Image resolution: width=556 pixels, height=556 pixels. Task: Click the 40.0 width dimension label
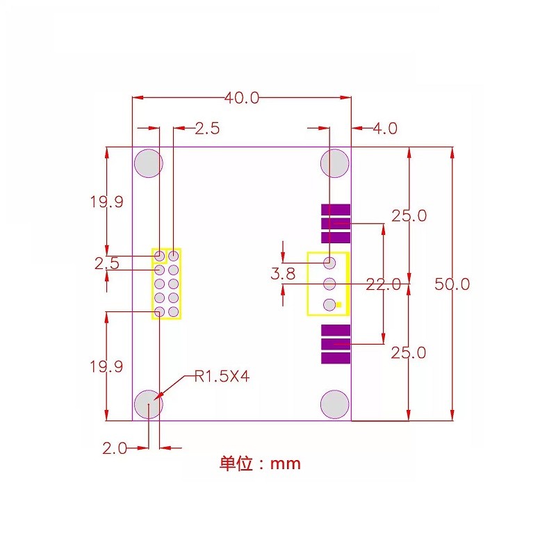tap(241, 98)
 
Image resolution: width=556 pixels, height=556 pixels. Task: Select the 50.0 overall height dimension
tap(452, 284)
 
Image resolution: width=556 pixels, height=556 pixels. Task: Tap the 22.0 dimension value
tap(383, 284)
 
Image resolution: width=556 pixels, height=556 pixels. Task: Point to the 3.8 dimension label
tap(283, 274)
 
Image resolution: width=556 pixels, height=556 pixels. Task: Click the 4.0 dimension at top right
tap(385, 129)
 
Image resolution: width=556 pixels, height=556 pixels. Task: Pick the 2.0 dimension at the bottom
tap(115, 448)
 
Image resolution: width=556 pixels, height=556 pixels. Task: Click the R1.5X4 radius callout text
tap(222, 377)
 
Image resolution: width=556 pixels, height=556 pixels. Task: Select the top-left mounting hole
tap(149, 163)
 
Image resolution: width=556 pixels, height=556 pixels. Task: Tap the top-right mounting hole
tap(334, 163)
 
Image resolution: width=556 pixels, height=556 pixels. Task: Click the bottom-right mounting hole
tap(334, 404)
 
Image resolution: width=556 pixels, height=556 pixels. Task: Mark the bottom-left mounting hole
tap(149, 404)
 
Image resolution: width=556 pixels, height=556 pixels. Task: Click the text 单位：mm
tap(261, 464)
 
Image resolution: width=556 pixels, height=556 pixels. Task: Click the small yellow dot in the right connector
tap(339, 304)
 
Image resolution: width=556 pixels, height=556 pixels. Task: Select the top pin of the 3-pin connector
tap(330, 263)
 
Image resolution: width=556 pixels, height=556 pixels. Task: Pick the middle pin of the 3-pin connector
tap(330, 284)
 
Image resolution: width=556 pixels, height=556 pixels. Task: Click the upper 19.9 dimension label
tap(106, 202)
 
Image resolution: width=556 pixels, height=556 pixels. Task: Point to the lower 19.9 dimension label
tap(106, 366)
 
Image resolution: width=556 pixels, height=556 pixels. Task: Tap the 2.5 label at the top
tap(207, 129)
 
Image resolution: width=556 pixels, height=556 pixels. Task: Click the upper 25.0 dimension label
tap(409, 215)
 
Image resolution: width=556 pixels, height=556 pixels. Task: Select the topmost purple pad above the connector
tap(336, 210)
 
